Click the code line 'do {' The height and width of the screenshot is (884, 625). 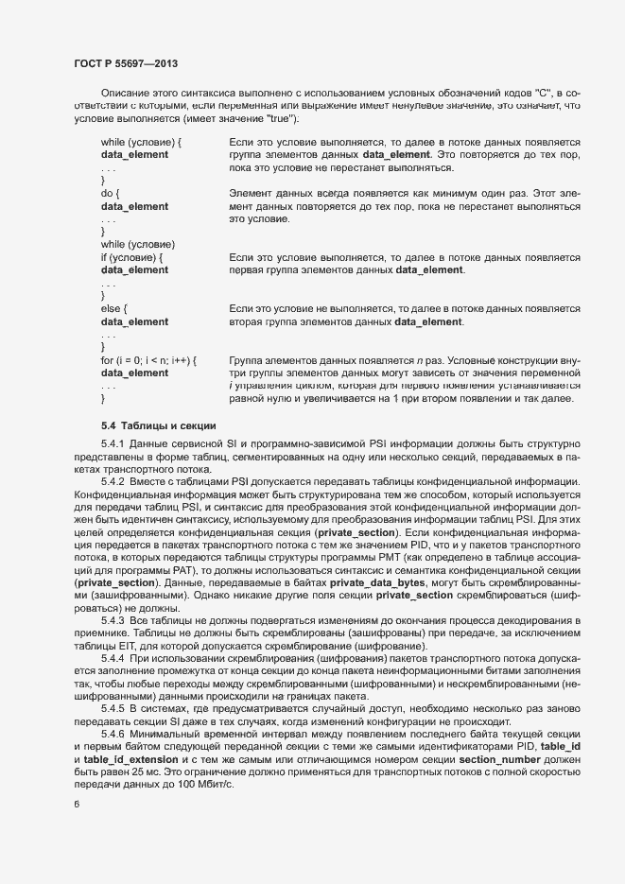pyautogui.click(x=111, y=192)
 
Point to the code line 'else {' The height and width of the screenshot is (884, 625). pyautogui.click(x=113, y=309)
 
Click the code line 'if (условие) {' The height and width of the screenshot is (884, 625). pyautogui.click(x=131, y=257)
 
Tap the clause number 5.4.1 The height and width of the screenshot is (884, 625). pyautogui.click(x=113, y=443)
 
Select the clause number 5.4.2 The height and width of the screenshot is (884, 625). pyautogui.click(x=113, y=482)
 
